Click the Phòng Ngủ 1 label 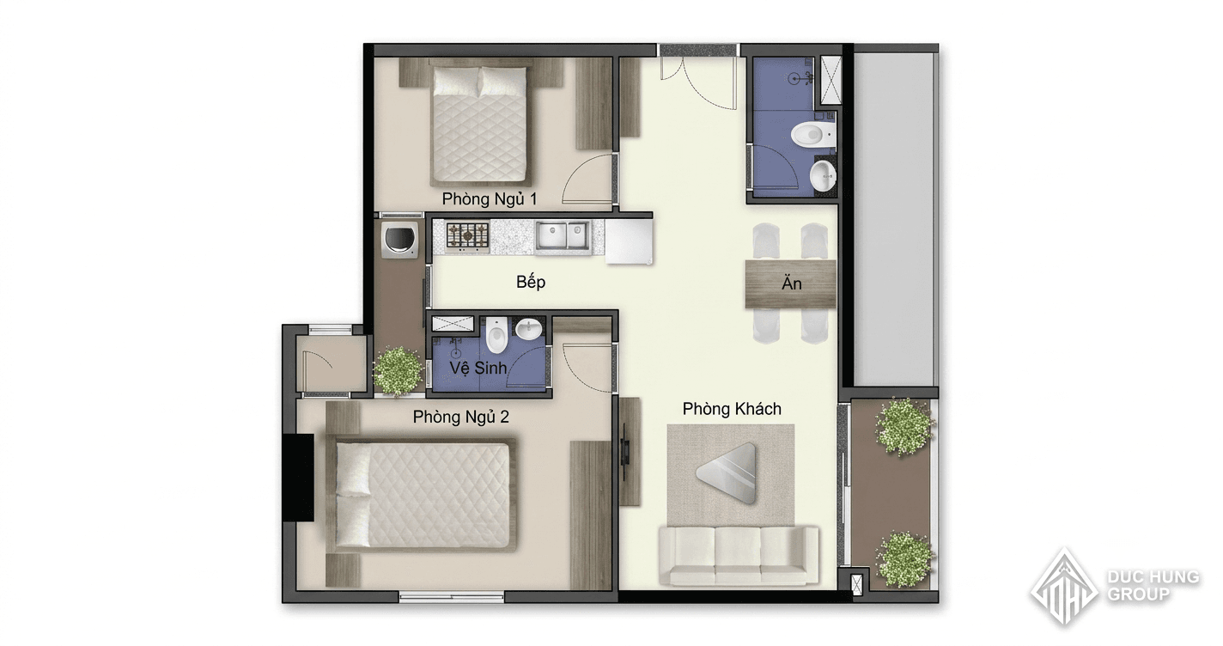pos(490,198)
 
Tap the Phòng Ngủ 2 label pos(461,417)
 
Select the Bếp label pos(531,282)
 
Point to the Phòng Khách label pos(732,408)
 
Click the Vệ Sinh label pos(478,368)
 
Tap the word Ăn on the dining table pos(792,283)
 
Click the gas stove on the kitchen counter pos(468,236)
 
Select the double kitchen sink pos(563,236)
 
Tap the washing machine pos(401,239)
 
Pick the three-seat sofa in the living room pos(739,555)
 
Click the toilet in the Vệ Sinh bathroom pos(496,333)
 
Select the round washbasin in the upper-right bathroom pos(823,175)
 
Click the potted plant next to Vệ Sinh pos(398,371)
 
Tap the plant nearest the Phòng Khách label pos(904,427)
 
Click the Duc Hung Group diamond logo pos(1064,587)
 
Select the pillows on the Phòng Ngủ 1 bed pos(480,81)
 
